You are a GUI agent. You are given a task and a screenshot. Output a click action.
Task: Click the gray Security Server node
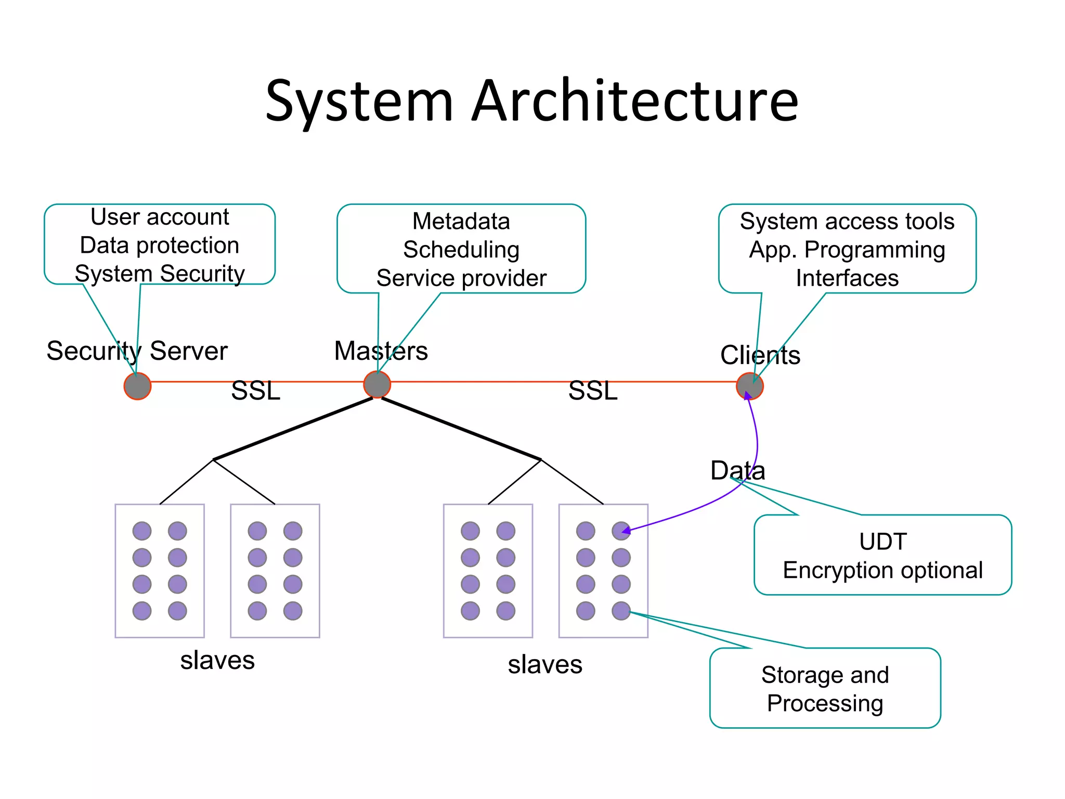click(137, 386)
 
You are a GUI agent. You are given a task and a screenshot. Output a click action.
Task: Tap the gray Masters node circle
click(377, 385)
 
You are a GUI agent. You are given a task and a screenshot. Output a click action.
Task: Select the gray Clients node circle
click(750, 386)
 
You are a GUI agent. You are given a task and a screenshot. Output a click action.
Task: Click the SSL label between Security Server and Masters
click(255, 391)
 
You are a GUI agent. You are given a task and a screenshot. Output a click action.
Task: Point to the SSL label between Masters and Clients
click(593, 391)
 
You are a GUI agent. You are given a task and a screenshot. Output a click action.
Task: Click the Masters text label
click(381, 351)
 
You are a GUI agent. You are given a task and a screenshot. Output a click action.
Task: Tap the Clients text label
click(760, 355)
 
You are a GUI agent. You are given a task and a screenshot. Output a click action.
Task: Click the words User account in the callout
click(160, 217)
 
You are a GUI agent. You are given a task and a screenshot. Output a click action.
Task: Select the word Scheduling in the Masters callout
click(461, 250)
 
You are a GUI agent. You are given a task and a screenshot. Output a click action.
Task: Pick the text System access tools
click(847, 222)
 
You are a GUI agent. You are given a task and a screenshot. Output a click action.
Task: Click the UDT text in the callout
click(882, 542)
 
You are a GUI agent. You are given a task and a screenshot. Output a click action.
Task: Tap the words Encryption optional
click(882, 571)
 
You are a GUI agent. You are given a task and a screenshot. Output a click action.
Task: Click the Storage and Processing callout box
click(825, 689)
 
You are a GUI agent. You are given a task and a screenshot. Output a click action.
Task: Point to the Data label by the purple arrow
click(737, 471)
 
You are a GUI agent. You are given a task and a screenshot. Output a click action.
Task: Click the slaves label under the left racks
click(217, 661)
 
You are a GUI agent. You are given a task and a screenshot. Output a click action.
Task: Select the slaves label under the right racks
click(545, 665)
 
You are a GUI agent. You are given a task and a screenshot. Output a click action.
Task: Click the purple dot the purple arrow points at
click(621, 531)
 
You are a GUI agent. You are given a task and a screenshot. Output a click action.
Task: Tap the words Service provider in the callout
click(461, 278)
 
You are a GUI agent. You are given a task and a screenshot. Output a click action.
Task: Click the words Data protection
click(160, 246)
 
